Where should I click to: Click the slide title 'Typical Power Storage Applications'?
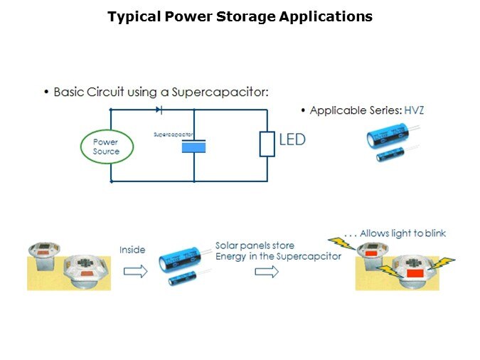click(240, 16)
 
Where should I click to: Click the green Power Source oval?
click(106, 147)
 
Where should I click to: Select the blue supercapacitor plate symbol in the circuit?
click(193, 147)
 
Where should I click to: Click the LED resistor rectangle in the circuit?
click(267, 144)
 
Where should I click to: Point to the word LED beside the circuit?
click(292, 140)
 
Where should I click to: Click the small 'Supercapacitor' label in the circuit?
click(173, 134)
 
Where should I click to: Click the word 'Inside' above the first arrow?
click(133, 249)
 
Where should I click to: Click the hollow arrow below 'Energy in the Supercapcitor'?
click(265, 272)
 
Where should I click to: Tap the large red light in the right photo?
click(412, 272)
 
